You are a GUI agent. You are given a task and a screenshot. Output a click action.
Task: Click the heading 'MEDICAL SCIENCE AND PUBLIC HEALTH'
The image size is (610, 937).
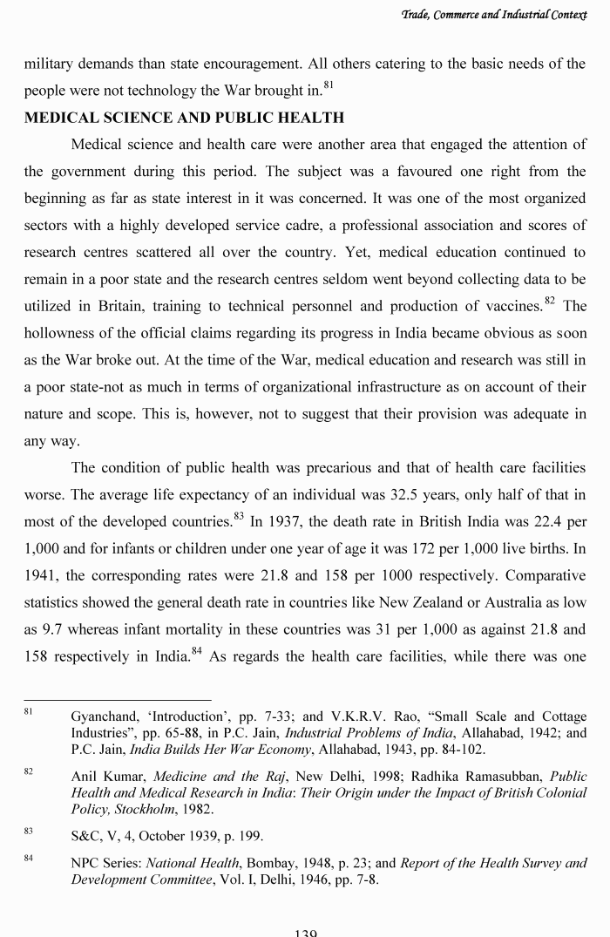click(184, 118)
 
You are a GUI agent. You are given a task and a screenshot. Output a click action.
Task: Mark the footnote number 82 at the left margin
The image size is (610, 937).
click(29, 772)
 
